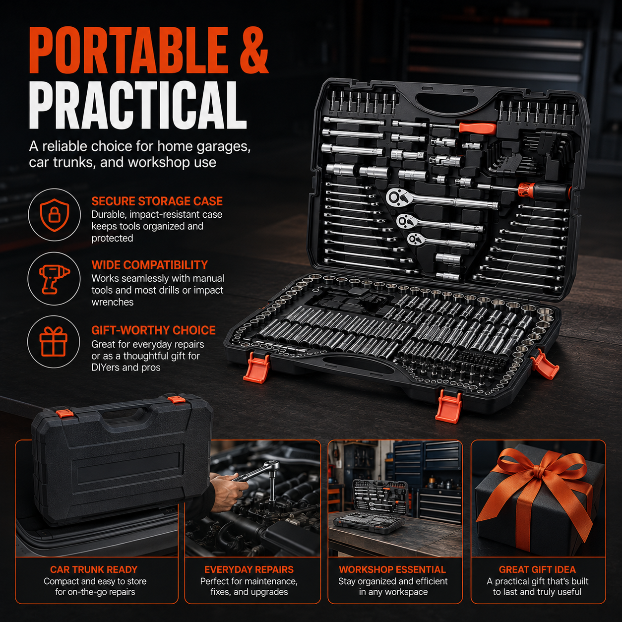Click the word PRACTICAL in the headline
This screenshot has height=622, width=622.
click(x=138, y=105)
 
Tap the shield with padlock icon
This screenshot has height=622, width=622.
click(x=54, y=215)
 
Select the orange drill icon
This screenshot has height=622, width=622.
click(x=54, y=279)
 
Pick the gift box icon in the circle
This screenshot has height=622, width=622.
click(x=53, y=341)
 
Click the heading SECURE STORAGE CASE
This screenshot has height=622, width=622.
click(x=157, y=201)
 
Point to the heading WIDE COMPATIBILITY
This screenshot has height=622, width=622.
click(x=149, y=265)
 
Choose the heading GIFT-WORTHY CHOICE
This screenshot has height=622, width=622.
click(x=153, y=330)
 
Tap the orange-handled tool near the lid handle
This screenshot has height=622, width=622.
click(x=477, y=128)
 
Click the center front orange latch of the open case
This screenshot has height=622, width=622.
click(x=448, y=406)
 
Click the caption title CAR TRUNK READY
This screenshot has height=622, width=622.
click(x=94, y=569)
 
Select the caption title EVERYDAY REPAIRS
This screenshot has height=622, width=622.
click(x=249, y=569)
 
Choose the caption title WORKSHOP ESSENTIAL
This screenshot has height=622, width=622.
click(x=392, y=569)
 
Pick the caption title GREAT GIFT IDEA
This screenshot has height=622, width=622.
click(x=538, y=569)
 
